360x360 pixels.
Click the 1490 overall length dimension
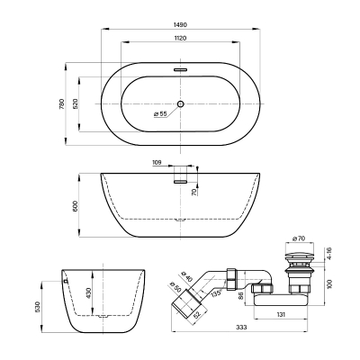pyautogui.click(x=180, y=25)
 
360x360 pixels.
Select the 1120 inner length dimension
pyautogui.click(x=180, y=38)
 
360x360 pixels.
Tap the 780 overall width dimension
pyautogui.click(x=62, y=103)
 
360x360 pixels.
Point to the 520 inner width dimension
pyautogui.click(x=76, y=103)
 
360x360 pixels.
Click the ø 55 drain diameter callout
pyautogui.click(x=160, y=114)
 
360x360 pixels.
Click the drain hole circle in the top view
pyautogui.click(x=180, y=103)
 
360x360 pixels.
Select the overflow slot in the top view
pyautogui.click(x=180, y=70)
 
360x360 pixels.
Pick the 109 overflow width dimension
pyautogui.click(x=157, y=163)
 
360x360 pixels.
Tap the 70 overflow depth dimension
pyautogui.click(x=193, y=192)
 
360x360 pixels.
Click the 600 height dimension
pyautogui.click(x=76, y=205)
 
